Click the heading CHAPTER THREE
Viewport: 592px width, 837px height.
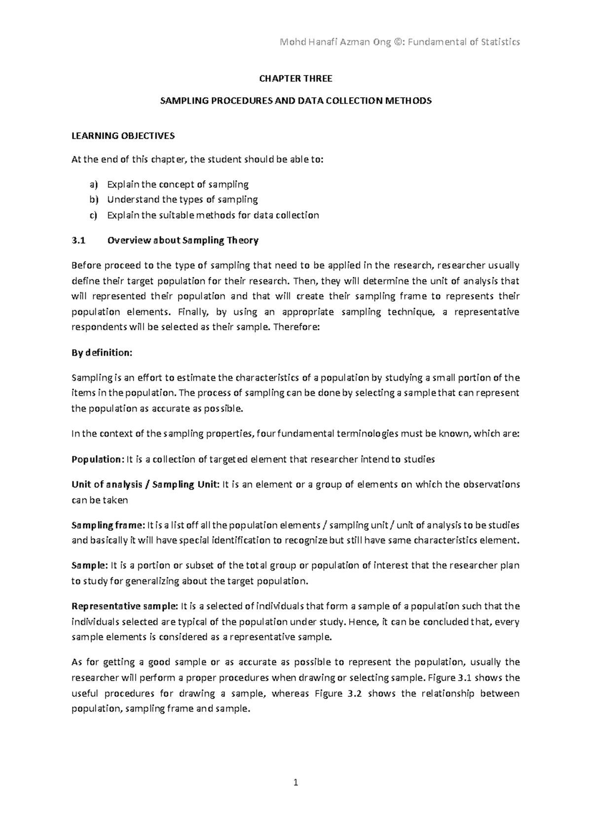click(296, 78)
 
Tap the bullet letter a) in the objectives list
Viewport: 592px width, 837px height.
click(94, 185)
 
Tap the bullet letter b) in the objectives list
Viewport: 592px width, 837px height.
click(94, 200)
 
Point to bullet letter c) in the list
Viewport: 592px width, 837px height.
click(94, 215)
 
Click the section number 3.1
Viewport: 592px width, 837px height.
click(78, 241)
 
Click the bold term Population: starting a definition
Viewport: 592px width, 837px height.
click(98, 459)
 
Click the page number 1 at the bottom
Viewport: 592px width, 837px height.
click(296, 782)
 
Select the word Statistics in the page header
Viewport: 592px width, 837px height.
click(500, 42)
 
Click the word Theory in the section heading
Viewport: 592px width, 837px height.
click(242, 241)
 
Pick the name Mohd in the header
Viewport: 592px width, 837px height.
click(290, 42)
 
